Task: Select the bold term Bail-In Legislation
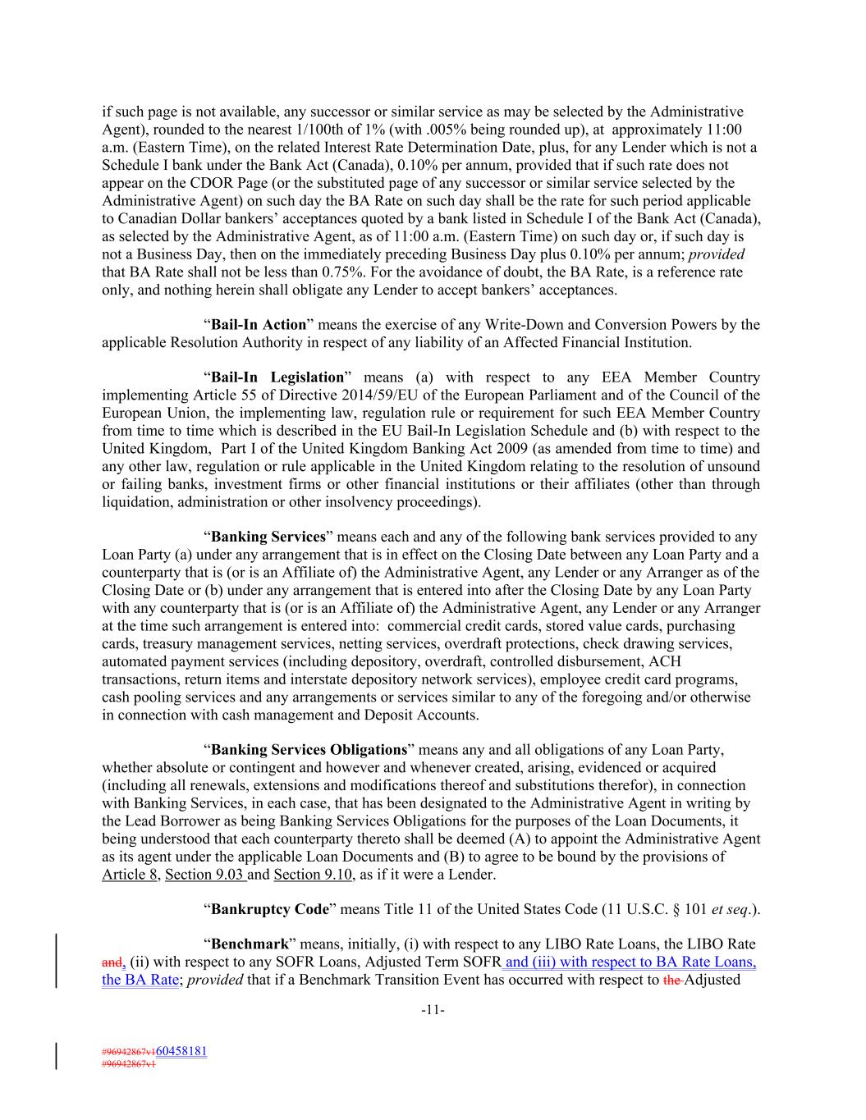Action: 277,377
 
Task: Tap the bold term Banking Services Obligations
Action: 309,750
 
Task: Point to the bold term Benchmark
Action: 250,944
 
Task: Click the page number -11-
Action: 433,1011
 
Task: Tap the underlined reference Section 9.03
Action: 204,875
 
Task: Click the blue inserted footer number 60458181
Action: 181,1051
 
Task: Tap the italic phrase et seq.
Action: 731,909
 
